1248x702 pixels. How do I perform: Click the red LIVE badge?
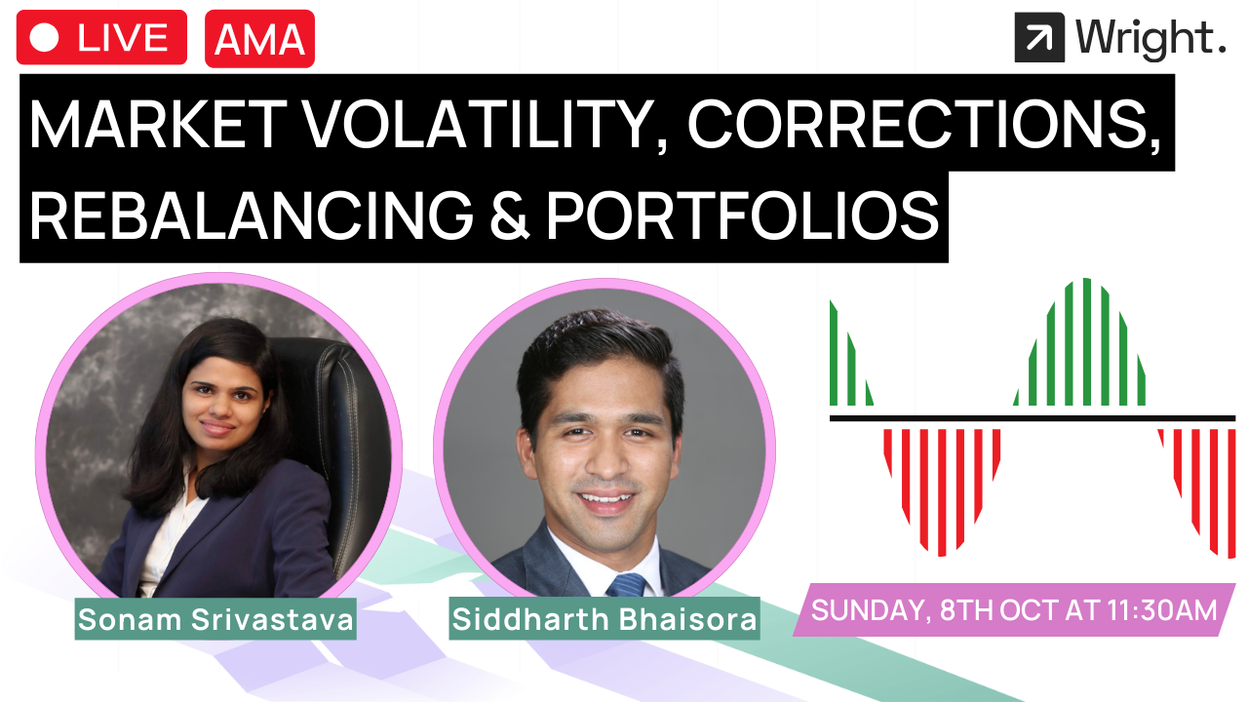101,37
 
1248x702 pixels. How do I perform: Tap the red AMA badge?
259,38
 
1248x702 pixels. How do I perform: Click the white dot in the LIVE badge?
44,37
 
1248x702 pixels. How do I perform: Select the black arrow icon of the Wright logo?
1039,37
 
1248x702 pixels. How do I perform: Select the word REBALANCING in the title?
252,215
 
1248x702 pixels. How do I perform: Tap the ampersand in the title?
509,215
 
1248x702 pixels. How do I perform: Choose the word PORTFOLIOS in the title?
743,215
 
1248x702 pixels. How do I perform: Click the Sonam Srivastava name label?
215,619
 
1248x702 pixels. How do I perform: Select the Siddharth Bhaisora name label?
604,619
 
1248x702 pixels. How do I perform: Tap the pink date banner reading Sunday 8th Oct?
1014,609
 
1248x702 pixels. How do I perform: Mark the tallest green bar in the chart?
1086,341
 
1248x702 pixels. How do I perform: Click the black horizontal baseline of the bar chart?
1033,418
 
